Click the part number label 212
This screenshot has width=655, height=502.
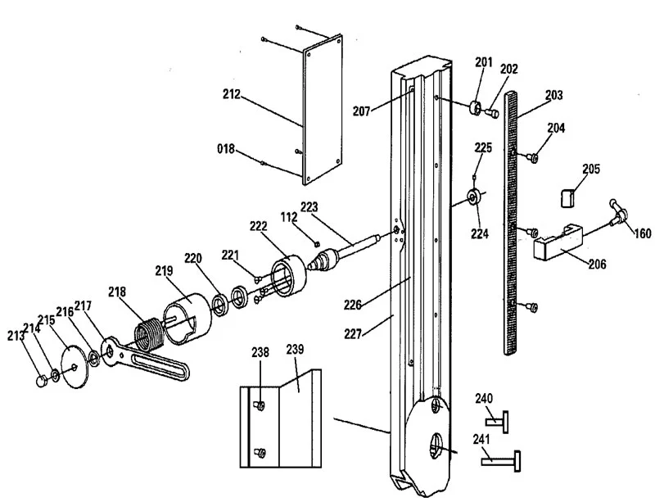pos(232,94)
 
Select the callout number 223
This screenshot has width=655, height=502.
pos(309,207)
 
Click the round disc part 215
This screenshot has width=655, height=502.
pos(75,366)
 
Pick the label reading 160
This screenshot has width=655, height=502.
pos(643,233)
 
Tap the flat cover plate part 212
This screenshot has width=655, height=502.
pos(323,110)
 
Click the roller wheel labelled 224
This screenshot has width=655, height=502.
pos(474,197)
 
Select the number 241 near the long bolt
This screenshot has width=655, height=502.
pos(481,439)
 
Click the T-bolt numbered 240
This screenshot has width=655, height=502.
pos(497,421)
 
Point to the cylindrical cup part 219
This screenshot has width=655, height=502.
pos(187,319)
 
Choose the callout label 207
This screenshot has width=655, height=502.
pos(362,111)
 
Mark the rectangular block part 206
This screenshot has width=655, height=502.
pos(558,242)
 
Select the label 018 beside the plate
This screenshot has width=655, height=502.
pos(226,148)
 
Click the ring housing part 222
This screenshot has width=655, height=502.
pos(289,276)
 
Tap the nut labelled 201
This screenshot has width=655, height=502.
pos(475,108)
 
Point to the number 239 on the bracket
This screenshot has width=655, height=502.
pos(295,349)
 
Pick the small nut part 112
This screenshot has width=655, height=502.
pos(317,243)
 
